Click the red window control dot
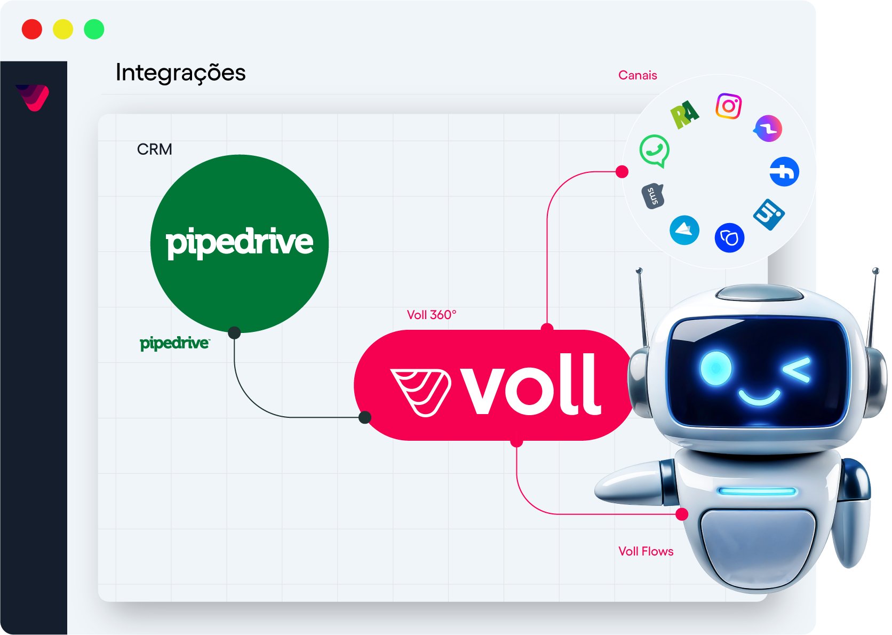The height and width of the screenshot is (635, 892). click(32, 29)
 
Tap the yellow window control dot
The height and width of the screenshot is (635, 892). click(63, 29)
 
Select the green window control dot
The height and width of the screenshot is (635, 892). click(94, 29)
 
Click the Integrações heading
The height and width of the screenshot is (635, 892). click(180, 73)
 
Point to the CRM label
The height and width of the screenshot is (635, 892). click(154, 149)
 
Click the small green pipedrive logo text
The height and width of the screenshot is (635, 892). click(174, 343)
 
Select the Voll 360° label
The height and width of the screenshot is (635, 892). click(432, 315)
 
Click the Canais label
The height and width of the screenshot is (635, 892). click(638, 75)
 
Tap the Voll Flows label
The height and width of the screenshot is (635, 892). click(646, 551)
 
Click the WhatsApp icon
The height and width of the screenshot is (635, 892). click(655, 150)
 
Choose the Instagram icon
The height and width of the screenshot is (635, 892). click(728, 106)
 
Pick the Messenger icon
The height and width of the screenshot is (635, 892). click(768, 129)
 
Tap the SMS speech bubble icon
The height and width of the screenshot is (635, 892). click(652, 196)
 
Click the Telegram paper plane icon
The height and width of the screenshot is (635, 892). click(684, 230)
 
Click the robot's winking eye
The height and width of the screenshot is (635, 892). click(798, 369)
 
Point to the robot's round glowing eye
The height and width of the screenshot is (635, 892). click(716, 368)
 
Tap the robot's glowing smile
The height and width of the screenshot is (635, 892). click(759, 397)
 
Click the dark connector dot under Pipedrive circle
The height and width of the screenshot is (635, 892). click(234, 333)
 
